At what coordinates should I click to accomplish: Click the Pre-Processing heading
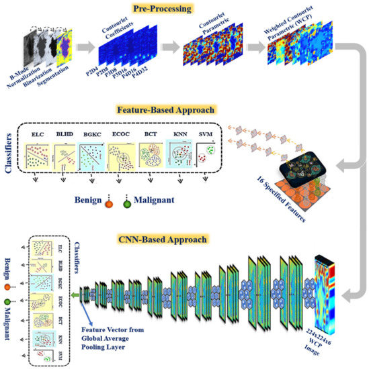(x=182, y=9)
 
